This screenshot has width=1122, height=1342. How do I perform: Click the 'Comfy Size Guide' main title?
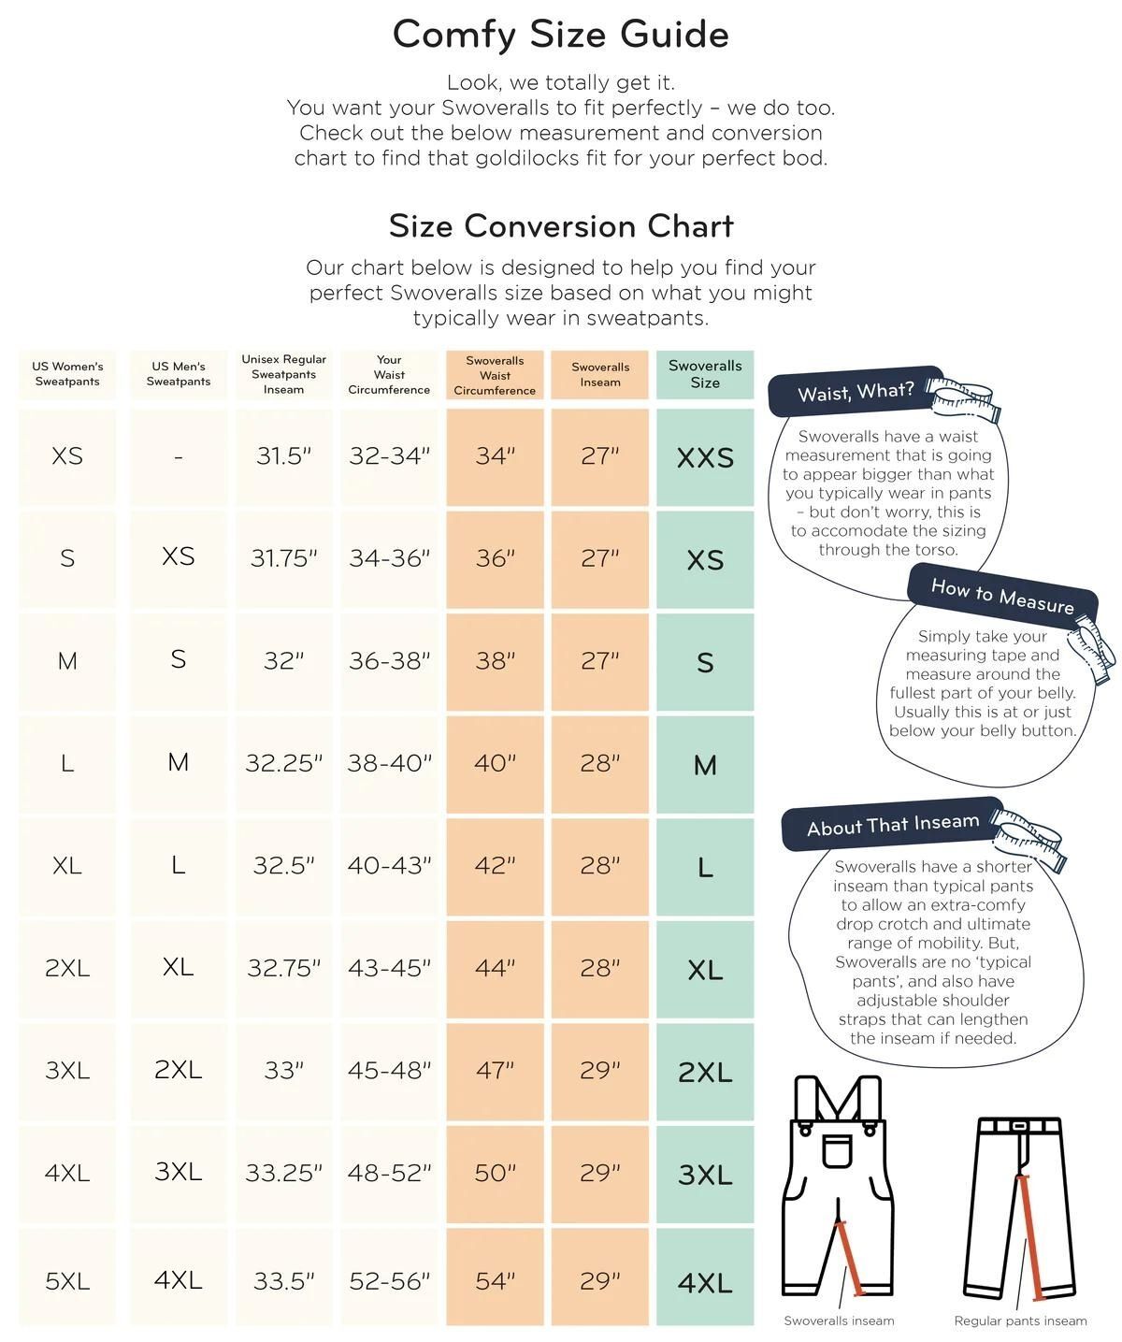click(x=560, y=35)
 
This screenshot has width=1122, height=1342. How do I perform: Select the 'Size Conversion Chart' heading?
click(x=561, y=226)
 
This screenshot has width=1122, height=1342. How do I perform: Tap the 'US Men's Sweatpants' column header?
click(x=178, y=373)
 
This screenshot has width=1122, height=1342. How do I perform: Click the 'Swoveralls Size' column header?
click(x=705, y=374)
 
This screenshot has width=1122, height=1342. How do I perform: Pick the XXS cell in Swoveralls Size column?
click(x=705, y=457)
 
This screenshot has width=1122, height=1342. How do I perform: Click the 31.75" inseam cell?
click(x=283, y=558)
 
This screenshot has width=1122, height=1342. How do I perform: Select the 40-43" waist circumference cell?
click(x=389, y=865)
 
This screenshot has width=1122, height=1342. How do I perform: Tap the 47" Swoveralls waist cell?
click(x=495, y=1070)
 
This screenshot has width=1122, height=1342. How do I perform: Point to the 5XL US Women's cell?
click(x=67, y=1281)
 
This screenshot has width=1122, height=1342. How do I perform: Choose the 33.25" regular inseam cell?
click(x=283, y=1173)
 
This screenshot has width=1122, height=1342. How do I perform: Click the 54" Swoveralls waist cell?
click(x=495, y=1281)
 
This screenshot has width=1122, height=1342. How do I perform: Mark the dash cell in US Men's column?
click(x=178, y=457)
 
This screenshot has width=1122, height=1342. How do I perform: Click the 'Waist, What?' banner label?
click(x=856, y=392)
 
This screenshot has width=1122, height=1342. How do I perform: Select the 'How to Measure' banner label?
click(x=1002, y=595)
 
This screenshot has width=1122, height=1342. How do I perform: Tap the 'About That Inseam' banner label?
click(x=893, y=825)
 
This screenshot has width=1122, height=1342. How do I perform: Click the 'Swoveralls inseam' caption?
click(x=839, y=1320)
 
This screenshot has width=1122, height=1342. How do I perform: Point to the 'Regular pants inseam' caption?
click(x=1020, y=1320)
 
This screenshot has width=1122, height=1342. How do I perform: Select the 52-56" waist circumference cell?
click(x=389, y=1281)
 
